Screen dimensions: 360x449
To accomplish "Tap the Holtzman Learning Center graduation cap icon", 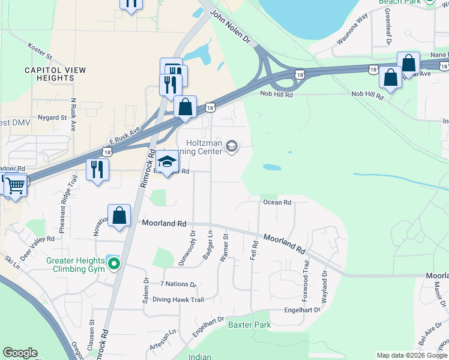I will (232, 146).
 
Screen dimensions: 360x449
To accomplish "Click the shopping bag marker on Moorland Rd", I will (119, 215).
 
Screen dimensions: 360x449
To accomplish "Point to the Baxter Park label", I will (249, 325).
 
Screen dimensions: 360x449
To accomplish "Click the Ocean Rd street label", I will (277, 203).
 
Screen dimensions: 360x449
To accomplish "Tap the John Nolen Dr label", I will (230, 26).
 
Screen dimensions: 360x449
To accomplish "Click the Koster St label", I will (40, 50).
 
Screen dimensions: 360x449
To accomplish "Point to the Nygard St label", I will (52, 118).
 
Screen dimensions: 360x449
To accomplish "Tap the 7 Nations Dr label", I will (178, 284).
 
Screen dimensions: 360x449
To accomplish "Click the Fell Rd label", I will (254, 250).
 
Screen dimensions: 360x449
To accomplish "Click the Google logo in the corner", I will (20, 353).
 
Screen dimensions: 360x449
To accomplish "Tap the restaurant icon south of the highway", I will (96, 169).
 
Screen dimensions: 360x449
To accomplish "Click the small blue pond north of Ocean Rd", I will (271, 167).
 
